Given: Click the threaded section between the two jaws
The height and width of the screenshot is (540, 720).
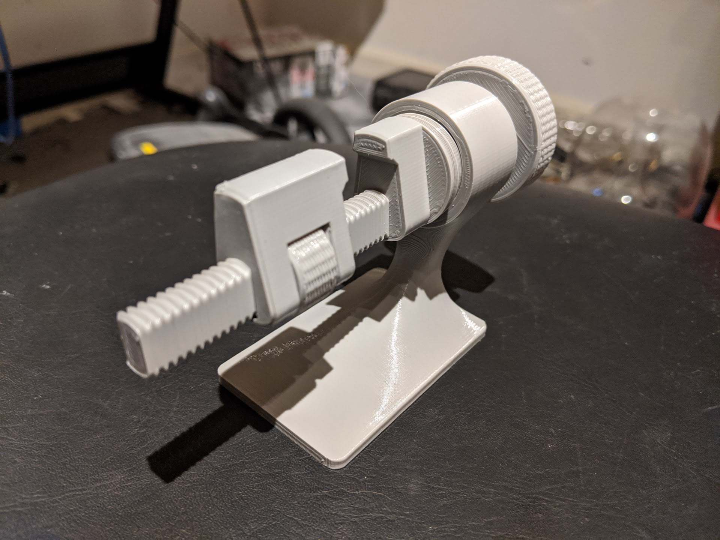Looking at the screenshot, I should click(360, 218).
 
